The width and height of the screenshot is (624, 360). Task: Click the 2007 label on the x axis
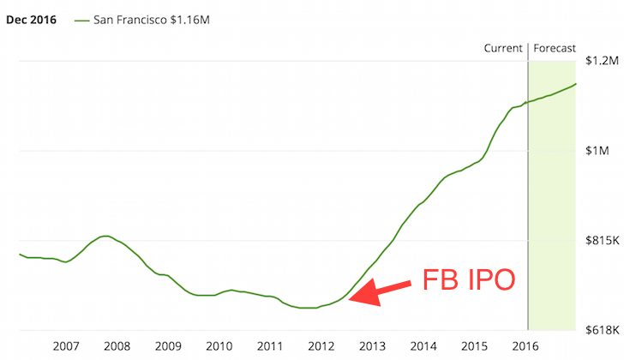(x=66, y=345)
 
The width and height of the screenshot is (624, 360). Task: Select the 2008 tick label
(x=117, y=345)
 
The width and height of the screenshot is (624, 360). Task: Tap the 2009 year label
(x=168, y=345)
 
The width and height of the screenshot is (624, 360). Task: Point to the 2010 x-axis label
(x=219, y=345)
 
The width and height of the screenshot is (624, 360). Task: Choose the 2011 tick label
(x=270, y=345)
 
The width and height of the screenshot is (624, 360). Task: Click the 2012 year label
(x=321, y=345)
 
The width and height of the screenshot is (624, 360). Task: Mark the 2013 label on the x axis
(x=372, y=345)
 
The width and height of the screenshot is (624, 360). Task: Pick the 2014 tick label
(x=423, y=345)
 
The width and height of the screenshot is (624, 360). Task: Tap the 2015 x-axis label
(x=474, y=345)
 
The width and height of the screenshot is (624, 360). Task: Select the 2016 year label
(x=525, y=345)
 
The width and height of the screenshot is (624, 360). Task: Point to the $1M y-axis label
(x=597, y=151)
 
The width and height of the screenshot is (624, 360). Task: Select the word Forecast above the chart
(x=555, y=48)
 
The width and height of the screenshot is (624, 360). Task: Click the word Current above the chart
(x=503, y=48)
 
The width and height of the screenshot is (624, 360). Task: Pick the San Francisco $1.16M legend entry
(x=147, y=19)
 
